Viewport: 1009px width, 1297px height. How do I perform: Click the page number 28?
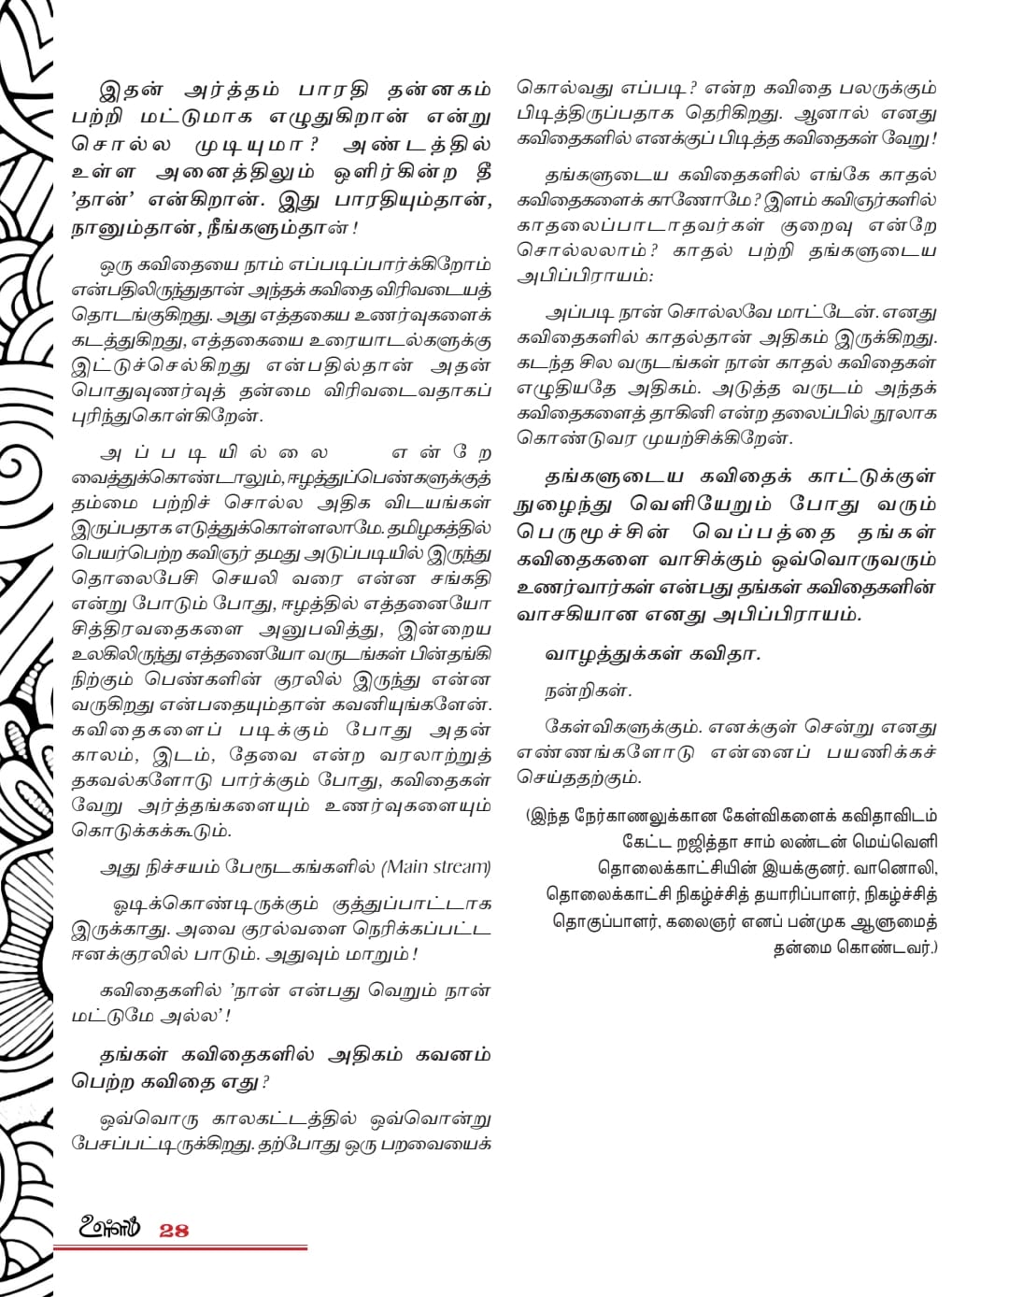[x=174, y=1230]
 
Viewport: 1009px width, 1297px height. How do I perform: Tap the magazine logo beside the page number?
[x=109, y=1228]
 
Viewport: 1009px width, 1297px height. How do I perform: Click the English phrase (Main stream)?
[x=435, y=867]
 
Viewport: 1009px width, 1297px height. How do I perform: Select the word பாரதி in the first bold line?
[x=332, y=91]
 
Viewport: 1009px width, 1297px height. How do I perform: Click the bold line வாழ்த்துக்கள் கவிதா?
[x=653, y=654]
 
